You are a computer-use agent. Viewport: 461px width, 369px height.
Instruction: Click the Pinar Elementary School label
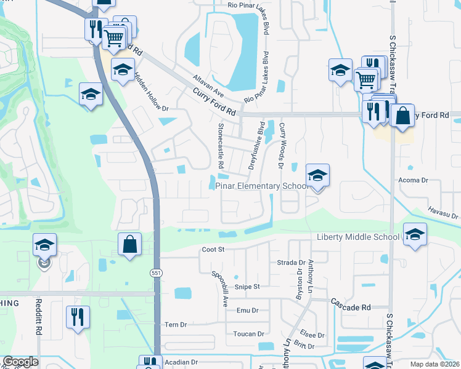[x=262, y=186]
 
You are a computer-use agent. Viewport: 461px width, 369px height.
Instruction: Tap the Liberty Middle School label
[x=358, y=237]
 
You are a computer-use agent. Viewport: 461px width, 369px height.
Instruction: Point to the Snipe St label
[x=248, y=287]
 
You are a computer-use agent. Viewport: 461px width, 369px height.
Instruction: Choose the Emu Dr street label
[x=247, y=311]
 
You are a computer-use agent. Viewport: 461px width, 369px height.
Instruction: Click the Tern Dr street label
[x=176, y=324]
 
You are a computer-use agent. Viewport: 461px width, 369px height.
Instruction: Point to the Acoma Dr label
[x=414, y=180]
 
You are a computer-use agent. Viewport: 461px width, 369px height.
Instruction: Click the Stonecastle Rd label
[x=220, y=145]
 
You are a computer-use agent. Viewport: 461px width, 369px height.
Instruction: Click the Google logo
[x=20, y=362]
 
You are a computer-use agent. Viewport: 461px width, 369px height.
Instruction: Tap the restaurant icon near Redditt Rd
[x=78, y=317]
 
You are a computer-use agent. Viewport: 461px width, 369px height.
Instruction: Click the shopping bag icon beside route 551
[x=130, y=244]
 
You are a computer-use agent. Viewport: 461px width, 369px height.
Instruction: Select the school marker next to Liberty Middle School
[x=415, y=234]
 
